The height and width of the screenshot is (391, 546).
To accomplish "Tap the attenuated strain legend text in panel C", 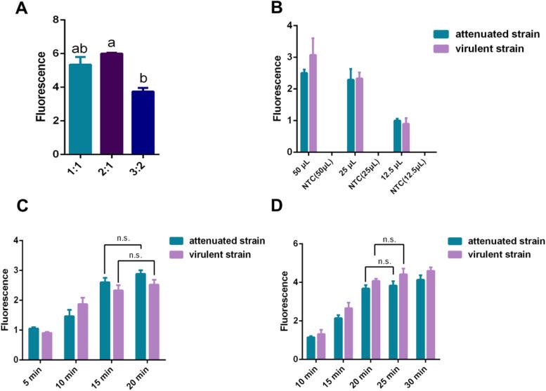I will point(226,241).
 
